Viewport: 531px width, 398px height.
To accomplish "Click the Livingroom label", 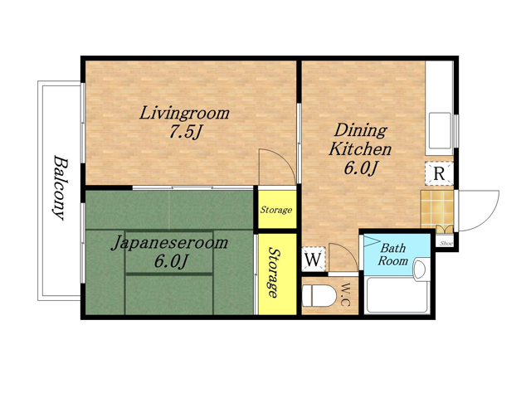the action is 184,114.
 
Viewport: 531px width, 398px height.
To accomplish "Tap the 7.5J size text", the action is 186,132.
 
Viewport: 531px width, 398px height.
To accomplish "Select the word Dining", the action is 361,130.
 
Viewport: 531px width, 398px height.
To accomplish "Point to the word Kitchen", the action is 360,149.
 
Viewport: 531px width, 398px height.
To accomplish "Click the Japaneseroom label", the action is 169,243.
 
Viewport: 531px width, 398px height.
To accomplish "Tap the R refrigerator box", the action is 439,174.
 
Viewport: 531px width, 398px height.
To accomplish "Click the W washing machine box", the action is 314,260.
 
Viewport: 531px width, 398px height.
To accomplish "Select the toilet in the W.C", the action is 319,296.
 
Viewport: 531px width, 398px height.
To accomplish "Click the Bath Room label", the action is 392,255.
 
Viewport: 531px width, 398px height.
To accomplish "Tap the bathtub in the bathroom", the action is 397,295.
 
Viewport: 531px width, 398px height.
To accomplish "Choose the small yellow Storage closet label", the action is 276,210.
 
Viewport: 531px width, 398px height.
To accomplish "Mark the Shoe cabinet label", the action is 446,243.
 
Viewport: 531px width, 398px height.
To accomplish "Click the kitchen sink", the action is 440,130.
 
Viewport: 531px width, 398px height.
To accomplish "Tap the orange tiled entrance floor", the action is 437,209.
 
